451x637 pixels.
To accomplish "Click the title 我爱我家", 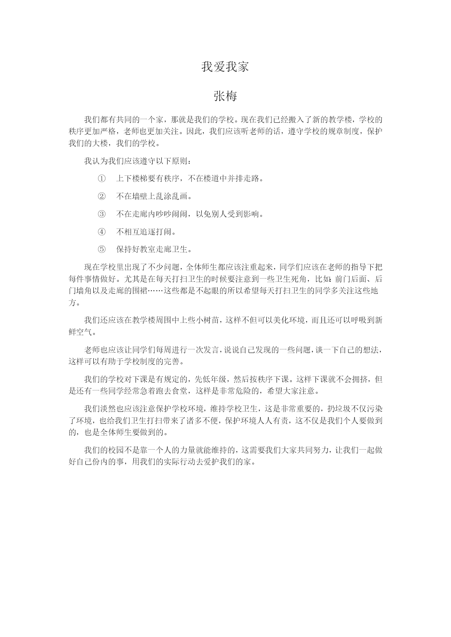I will click(x=225, y=67).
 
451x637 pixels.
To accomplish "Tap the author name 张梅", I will click(x=225, y=97).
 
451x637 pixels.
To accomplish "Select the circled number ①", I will click(x=102, y=179).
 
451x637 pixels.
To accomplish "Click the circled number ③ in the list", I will click(x=102, y=214).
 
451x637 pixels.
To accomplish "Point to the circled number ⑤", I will click(x=102, y=249).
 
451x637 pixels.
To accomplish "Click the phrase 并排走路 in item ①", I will click(x=243, y=179).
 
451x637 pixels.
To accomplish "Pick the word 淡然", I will click(x=108, y=409).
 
